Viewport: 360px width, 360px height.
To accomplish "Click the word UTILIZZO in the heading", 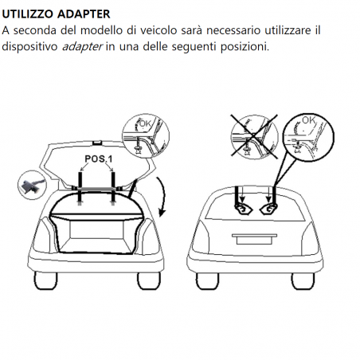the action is [x=28, y=14].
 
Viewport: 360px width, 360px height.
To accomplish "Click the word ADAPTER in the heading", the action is [x=84, y=14].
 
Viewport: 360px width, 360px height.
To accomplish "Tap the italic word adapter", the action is [x=82, y=47].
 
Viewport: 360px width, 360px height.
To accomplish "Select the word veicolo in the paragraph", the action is [x=158, y=30].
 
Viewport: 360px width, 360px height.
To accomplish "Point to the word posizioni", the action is [x=245, y=47].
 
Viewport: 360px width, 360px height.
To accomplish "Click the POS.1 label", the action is [x=99, y=159].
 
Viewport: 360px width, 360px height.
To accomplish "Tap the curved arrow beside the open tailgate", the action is [x=162, y=197].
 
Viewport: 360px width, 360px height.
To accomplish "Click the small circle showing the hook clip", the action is [x=32, y=185].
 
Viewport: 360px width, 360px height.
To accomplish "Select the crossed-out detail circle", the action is [x=254, y=137].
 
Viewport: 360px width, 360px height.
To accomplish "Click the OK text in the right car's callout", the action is [x=309, y=121].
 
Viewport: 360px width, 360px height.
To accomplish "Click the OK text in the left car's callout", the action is [x=145, y=123].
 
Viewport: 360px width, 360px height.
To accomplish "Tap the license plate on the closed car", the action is [x=255, y=240].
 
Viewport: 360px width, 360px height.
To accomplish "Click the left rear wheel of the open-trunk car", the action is [x=45, y=280].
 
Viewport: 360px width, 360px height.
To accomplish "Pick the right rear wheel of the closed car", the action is [x=303, y=281].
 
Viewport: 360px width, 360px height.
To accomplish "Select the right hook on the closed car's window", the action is [x=268, y=209].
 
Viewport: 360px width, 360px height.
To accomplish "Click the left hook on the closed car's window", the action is [x=243, y=209].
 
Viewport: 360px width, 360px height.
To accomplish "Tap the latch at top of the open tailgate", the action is [x=97, y=143].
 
